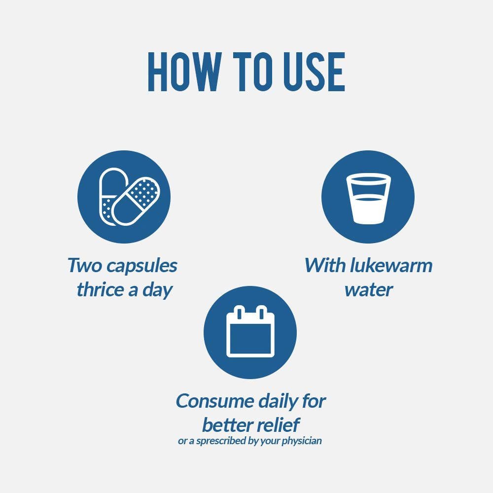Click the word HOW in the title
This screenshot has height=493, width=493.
click(184, 72)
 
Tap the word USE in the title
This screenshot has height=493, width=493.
click(315, 72)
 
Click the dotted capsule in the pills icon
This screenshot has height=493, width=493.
click(136, 201)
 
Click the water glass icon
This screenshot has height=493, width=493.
click(368, 198)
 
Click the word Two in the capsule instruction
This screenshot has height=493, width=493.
click(85, 265)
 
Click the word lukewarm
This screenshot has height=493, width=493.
click(391, 265)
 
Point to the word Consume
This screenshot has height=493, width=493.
click(215, 401)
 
